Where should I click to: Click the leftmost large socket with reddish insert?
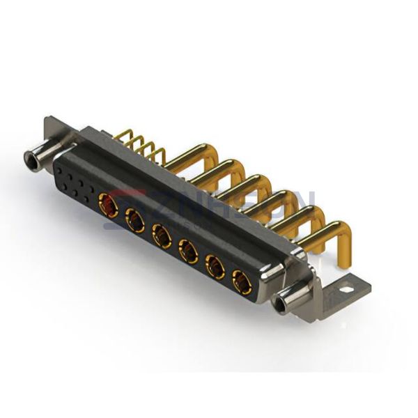pos(109,206)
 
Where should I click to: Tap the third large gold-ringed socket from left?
pos(162,238)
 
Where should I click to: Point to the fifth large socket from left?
pos(215,268)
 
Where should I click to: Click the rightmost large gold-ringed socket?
pos(242,282)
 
